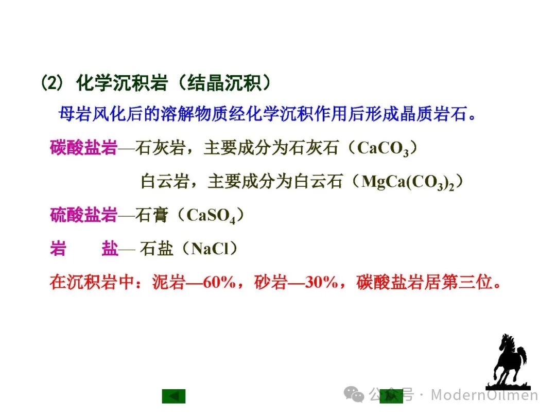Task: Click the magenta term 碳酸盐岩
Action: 84,148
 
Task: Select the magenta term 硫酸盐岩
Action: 84,215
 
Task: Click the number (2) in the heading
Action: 53,83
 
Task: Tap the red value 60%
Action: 219,282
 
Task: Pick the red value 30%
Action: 321,282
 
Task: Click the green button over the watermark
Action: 391,396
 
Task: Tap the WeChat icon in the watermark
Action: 354,394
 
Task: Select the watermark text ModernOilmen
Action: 484,395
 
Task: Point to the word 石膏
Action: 152,215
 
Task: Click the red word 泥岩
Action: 169,282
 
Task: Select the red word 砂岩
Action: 271,282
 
